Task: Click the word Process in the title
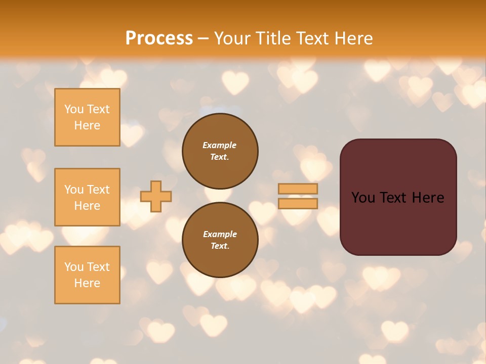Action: click(159, 38)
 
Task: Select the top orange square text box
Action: click(87, 117)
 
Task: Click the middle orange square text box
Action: click(87, 197)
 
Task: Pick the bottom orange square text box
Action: click(87, 275)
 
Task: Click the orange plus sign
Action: click(156, 196)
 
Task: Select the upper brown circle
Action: click(220, 151)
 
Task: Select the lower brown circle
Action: click(220, 240)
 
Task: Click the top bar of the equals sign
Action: click(298, 189)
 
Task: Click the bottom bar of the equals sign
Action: click(298, 203)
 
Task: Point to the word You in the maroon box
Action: click(363, 198)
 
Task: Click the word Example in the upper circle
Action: click(220, 146)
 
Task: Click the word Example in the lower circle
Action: click(220, 235)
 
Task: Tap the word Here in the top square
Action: click(87, 125)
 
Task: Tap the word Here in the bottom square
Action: click(87, 283)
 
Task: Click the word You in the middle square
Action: click(74, 190)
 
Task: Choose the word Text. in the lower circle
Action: click(220, 246)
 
